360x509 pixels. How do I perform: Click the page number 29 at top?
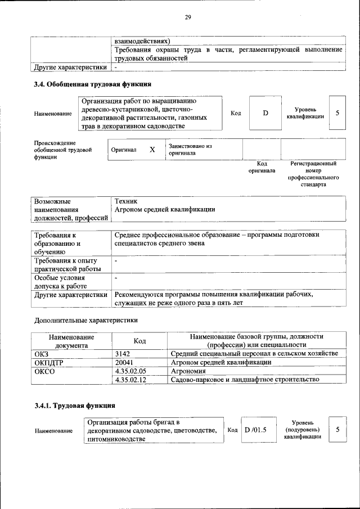(188, 17)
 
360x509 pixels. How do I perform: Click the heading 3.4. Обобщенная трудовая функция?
(92, 85)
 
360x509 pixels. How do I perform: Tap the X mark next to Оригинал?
(152, 150)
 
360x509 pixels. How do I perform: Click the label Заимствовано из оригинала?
(190, 149)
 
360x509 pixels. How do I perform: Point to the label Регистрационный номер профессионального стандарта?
(313, 174)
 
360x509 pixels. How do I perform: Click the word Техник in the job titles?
(125, 201)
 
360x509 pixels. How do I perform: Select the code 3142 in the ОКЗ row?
(122, 353)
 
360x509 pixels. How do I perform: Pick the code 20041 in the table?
(123, 362)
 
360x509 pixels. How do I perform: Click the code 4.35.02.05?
(130, 371)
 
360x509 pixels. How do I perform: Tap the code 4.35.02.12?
(130, 380)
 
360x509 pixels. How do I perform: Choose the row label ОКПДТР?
(48, 362)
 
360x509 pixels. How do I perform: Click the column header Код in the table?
(139, 341)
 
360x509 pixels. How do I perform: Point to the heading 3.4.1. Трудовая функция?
(75, 405)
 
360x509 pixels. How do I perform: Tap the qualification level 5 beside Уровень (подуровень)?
(337, 430)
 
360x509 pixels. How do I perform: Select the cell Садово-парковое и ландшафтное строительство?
(245, 380)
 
